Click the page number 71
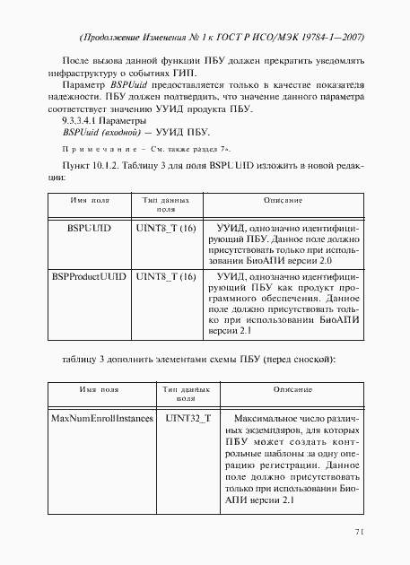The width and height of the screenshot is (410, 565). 358,532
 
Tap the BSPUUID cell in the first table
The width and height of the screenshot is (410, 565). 89,229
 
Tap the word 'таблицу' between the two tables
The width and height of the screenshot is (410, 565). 82,360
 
